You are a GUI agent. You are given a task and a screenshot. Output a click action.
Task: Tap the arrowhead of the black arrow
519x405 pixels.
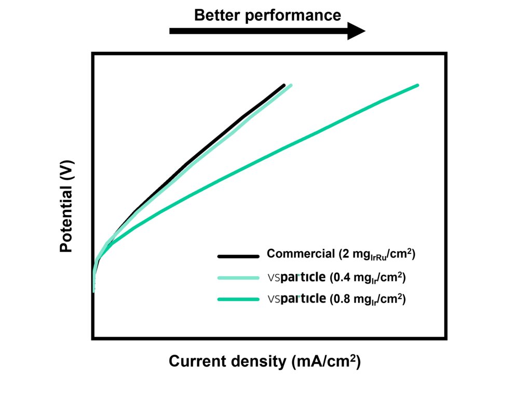point(356,31)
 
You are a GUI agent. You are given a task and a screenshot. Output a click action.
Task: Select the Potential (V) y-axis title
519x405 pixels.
point(66,207)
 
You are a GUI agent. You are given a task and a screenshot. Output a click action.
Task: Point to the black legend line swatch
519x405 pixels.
point(238,256)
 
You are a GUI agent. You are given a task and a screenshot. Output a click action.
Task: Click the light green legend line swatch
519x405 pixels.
point(238,278)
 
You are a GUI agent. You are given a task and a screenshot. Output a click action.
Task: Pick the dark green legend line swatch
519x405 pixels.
point(238,300)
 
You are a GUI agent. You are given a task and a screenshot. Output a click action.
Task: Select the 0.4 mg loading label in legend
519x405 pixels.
point(368,277)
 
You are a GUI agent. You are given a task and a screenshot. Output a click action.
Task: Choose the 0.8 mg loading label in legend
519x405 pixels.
point(368,299)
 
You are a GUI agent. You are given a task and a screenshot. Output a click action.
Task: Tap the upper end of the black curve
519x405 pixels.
point(284,86)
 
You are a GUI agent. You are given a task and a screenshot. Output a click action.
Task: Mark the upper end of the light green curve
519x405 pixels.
point(291,85)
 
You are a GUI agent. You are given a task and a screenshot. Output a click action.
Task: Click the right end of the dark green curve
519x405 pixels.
point(417,86)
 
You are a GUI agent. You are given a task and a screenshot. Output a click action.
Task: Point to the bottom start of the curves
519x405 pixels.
point(93,291)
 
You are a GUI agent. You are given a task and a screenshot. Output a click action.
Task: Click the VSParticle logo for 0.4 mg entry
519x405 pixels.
point(296,277)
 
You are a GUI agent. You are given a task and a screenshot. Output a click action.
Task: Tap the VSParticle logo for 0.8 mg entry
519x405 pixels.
point(296,299)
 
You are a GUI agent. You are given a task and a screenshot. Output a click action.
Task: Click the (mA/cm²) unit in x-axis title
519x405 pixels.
point(326,361)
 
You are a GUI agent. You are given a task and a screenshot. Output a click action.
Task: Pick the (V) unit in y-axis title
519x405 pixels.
point(66,170)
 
